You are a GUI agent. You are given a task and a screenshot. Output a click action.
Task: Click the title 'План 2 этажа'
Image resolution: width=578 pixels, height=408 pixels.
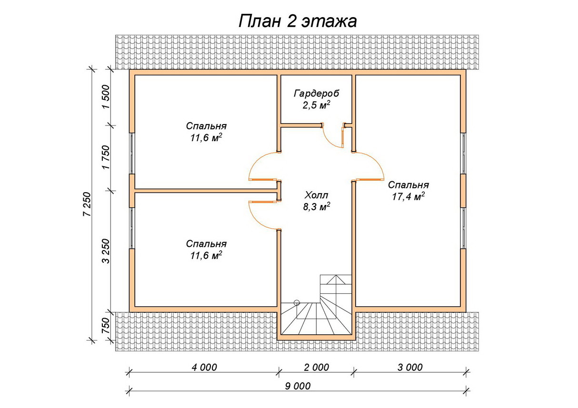(x=298, y=21)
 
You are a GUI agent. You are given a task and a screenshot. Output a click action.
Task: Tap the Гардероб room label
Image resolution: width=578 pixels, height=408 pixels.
(x=316, y=93)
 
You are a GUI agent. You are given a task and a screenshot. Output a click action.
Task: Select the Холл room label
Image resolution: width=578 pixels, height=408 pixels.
(x=316, y=195)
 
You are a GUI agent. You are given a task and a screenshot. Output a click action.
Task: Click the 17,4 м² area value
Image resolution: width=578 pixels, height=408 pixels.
(x=409, y=197)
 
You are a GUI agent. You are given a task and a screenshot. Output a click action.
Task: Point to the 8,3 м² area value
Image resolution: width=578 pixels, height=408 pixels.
(x=317, y=207)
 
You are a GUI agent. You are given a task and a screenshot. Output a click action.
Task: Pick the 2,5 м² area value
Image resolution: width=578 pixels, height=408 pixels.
(x=317, y=105)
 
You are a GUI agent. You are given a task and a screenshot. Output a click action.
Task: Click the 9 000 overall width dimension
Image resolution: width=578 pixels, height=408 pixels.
(x=298, y=386)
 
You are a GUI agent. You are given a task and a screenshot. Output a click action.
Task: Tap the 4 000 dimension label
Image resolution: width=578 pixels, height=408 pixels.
(x=204, y=367)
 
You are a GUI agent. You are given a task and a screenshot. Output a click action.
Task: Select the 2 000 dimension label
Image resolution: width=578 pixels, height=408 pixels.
(x=317, y=367)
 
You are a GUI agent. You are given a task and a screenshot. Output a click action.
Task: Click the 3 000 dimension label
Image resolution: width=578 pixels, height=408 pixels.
(x=410, y=367)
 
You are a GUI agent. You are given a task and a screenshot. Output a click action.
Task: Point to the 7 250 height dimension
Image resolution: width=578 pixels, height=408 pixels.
(x=87, y=204)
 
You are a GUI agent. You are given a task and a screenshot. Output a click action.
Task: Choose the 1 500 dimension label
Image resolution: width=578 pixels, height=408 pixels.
(x=106, y=97)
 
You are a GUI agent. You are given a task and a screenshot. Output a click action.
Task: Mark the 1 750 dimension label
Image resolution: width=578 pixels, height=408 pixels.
(x=106, y=157)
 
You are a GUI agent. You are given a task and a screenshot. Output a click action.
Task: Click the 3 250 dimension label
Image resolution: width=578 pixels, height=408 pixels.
(x=106, y=251)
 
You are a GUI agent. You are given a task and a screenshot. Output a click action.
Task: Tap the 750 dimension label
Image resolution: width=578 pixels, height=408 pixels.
(x=106, y=326)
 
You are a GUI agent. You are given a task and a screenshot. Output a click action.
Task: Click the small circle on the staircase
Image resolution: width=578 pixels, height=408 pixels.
(x=297, y=302)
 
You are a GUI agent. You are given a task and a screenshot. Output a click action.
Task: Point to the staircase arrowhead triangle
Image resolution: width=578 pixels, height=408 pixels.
(x=336, y=280)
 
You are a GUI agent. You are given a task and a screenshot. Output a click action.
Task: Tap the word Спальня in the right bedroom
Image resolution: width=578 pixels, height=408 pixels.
(x=409, y=185)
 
